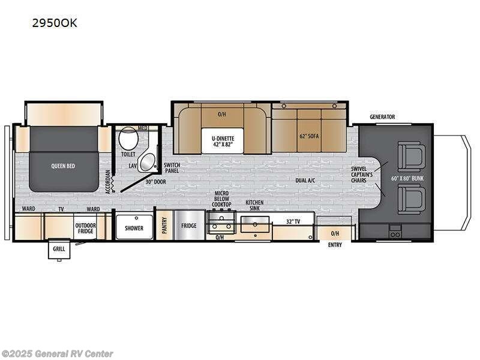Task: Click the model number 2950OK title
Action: [x=54, y=24]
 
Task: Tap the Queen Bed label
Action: [x=62, y=166]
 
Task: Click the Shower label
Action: [x=134, y=228]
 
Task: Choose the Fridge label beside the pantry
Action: [x=190, y=226]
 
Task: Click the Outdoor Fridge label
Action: [x=85, y=228]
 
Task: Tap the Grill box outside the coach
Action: [x=59, y=248]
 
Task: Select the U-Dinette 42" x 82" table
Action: [x=222, y=141]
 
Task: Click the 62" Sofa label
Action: [x=309, y=136]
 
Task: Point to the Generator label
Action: [x=382, y=116]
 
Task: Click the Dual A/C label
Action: [x=306, y=179]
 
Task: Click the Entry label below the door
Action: [x=335, y=245]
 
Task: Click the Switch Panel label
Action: [x=172, y=167]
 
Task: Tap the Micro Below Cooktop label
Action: [x=222, y=199]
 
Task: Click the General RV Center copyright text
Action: [x=58, y=353]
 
